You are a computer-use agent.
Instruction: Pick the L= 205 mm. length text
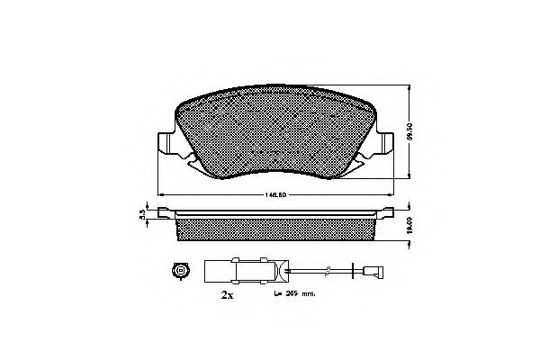point(293,293)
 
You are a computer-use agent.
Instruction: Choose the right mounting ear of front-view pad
point(382,144)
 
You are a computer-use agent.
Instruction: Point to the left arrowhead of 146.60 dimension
point(161,194)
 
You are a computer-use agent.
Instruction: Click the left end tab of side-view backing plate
point(164,213)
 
